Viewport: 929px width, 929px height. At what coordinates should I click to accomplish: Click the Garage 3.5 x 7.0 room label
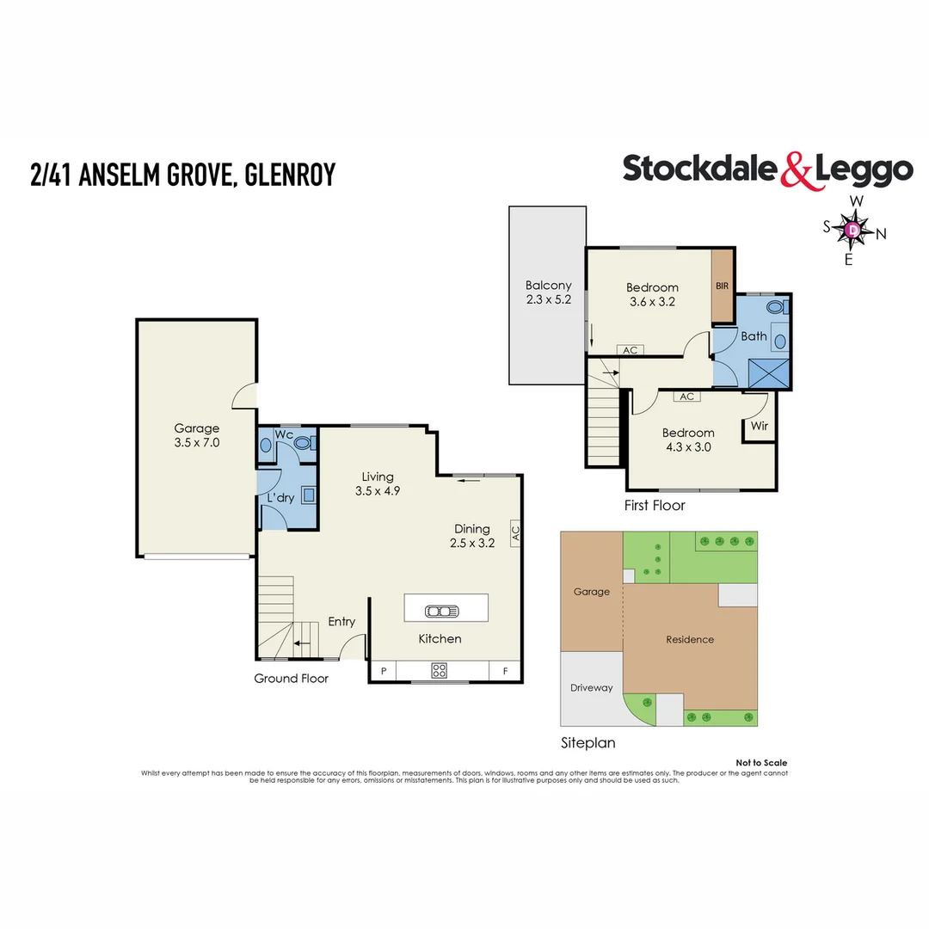pos(197,435)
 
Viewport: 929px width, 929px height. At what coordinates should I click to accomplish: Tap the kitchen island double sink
pos(445,612)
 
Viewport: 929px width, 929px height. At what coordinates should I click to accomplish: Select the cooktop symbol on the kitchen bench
pos(440,671)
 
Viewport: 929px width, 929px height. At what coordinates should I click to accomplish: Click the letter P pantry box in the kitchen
pos(383,671)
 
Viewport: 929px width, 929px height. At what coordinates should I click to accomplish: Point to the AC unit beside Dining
pos(515,532)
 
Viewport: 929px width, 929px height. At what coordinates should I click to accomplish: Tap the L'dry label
pos(280,498)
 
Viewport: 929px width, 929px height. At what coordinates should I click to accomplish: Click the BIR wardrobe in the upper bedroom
pos(722,285)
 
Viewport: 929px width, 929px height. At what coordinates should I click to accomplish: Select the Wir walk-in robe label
pos(760,426)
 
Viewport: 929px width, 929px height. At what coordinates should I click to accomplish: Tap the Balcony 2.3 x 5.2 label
pos(548,292)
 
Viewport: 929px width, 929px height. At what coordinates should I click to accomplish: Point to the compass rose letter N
pos(881,233)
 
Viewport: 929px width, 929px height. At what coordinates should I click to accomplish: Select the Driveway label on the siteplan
pos(592,687)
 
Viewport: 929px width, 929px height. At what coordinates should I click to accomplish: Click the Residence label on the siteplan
pos(690,639)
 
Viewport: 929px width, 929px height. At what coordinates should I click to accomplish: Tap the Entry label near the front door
pos(341,621)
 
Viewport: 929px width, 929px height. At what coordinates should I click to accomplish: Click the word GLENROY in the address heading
pos(290,175)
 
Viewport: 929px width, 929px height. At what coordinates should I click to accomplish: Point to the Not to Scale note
pos(761,763)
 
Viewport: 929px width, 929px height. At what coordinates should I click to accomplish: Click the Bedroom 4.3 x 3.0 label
pos(688,440)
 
